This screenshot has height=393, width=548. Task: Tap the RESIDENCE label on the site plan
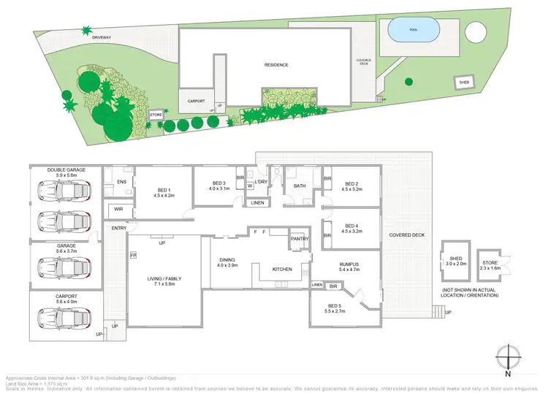click(x=276, y=65)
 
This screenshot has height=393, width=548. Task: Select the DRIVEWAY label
click(x=102, y=37)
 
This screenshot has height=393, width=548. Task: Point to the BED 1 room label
click(x=164, y=192)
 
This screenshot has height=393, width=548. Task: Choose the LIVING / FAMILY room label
click(x=163, y=281)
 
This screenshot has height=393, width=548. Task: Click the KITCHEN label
click(x=282, y=269)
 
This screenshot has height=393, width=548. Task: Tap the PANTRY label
click(x=300, y=239)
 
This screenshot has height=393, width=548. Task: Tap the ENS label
click(x=122, y=181)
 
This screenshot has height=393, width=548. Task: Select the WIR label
click(x=118, y=210)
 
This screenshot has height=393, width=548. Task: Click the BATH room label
click(x=300, y=186)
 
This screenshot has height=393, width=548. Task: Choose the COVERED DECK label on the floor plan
click(x=406, y=235)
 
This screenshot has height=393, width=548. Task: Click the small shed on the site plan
click(x=464, y=83)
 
